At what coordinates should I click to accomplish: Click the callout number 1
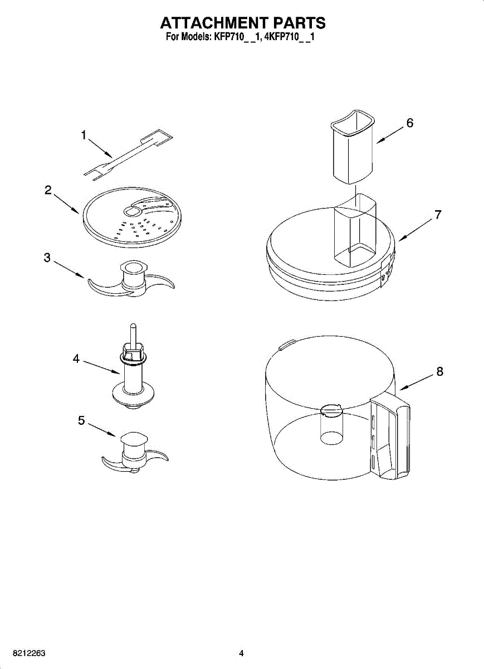pos(84,135)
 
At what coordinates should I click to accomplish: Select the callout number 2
pos(48,190)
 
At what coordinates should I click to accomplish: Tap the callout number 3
pos(47,258)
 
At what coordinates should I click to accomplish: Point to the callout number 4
pos(76,359)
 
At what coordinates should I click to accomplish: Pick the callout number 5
pos(81,421)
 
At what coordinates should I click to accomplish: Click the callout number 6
pos(410,123)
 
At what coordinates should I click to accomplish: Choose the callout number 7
pos(438,215)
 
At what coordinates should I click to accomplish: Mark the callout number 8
pos(440,371)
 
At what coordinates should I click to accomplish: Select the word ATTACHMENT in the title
pos(213,23)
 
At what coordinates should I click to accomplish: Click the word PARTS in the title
pos(298,23)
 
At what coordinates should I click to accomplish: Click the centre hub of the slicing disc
pos(134,211)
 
